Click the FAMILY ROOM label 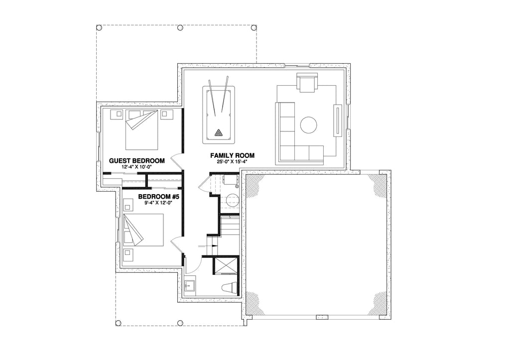click(x=233, y=156)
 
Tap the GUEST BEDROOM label click(x=137, y=161)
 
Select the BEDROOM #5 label click(x=158, y=197)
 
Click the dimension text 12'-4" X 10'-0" click(x=136, y=167)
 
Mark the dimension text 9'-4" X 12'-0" click(x=158, y=203)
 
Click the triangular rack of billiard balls click(x=218, y=132)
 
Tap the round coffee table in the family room click(x=309, y=124)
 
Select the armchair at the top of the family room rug click(x=307, y=83)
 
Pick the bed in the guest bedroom click(x=142, y=129)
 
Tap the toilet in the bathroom click(x=229, y=289)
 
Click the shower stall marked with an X click(x=225, y=265)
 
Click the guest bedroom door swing click(x=176, y=160)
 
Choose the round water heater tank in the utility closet click(x=232, y=201)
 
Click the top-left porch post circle click(x=99, y=27)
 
